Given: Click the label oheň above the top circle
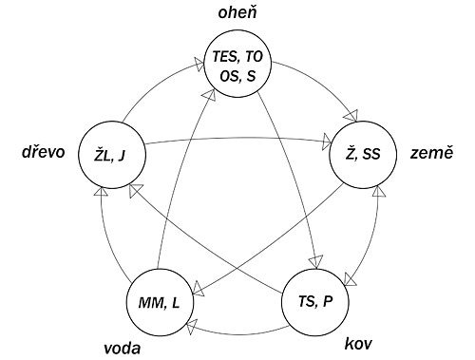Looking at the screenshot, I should coord(237,12).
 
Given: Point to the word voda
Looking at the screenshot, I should coord(123,348).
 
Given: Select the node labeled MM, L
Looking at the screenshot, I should coord(159,303).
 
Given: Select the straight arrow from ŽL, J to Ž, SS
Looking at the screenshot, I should coord(237,139).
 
